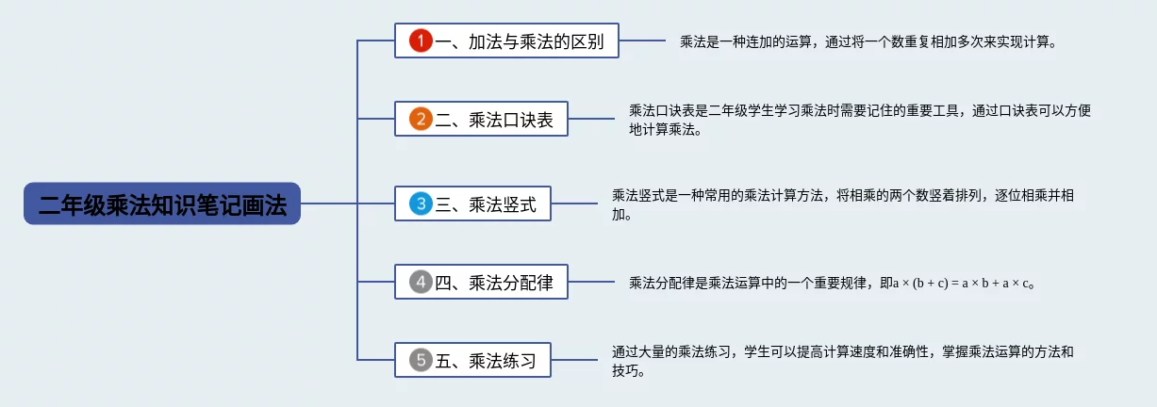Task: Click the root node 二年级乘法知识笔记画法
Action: (x=162, y=203)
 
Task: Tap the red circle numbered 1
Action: (x=421, y=41)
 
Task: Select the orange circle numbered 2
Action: (x=421, y=120)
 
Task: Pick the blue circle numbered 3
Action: (x=421, y=203)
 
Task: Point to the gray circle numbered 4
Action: (x=421, y=281)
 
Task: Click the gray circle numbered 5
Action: (x=421, y=359)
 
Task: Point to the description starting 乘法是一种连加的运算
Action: (x=868, y=42)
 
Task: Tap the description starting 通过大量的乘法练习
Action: (x=842, y=360)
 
